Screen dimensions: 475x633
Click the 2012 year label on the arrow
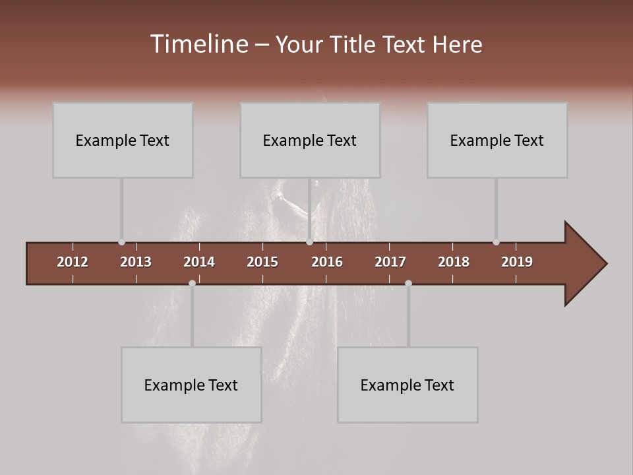pos(73,262)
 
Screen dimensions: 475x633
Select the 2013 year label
pos(136,262)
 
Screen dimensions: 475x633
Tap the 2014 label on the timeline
pos(199,262)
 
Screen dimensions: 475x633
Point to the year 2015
pos(262,262)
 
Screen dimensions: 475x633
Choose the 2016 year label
pos(327,262)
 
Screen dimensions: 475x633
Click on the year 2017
pos(390,262)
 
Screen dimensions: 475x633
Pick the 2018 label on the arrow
pos(454,262)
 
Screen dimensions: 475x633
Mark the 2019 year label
pos(517,262)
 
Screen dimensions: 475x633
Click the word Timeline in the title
pos(198,44)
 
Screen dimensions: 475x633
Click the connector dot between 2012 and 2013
pos(121,242)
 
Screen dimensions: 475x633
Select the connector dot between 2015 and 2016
pos(309,242)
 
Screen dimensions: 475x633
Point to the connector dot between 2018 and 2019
pos(496,242)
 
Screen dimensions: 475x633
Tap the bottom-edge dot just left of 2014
pos(192,283)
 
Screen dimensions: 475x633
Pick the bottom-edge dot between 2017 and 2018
pos(408,283)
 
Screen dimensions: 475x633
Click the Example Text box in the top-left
pos(123,140)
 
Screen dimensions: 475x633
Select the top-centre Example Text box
pos(310,140)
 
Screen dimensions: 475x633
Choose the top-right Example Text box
pos(497,140)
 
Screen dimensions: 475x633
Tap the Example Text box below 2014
pos(191,385)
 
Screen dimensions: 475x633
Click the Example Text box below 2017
pos(407,385)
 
